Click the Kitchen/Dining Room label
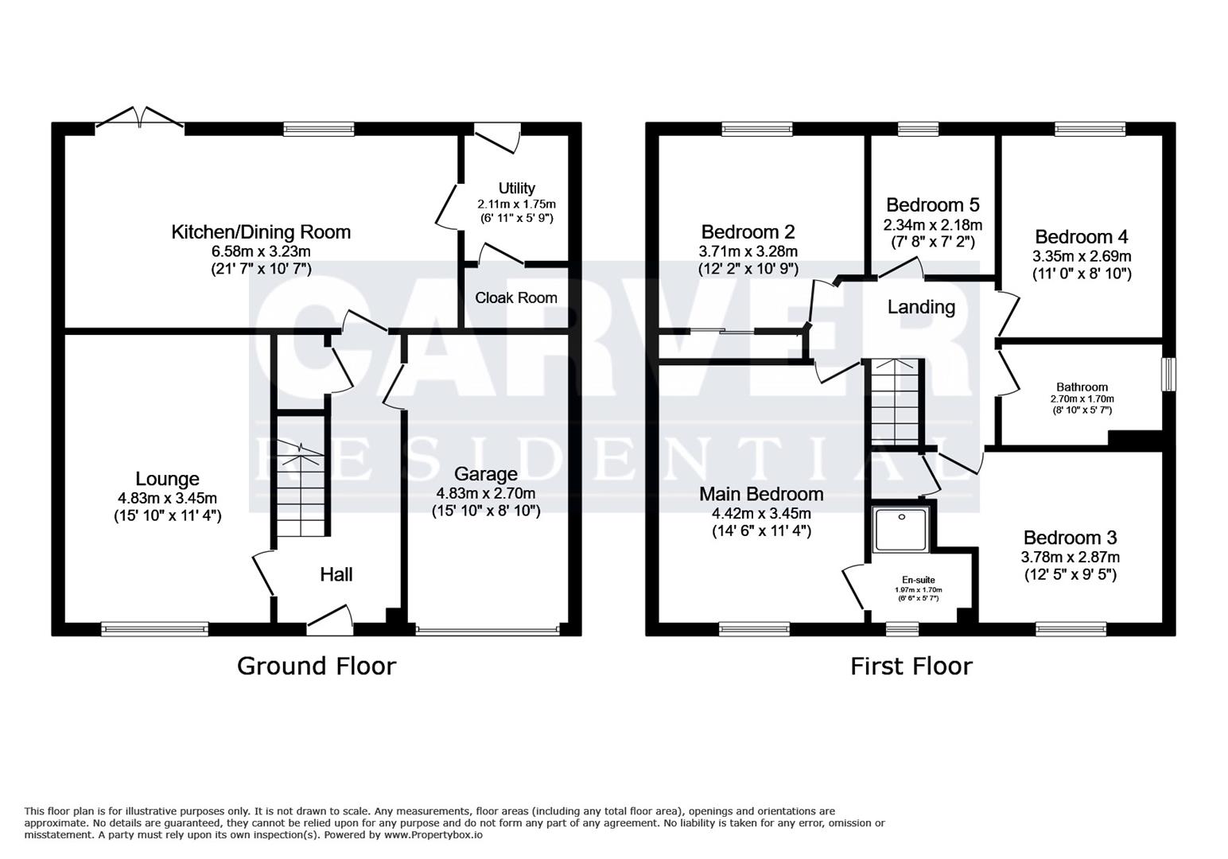click(x=261, y=232)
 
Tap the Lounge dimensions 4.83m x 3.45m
click(x=167, y=498)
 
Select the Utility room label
click(x=516, y=189)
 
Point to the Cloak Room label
click(x=516, y=297)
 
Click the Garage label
click(x=485, y=475)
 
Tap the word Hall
click(x=336, y=574)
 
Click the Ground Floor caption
click(x=316, y=666)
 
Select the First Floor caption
click(x=911, y=666)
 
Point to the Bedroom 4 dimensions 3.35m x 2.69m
click(x=1081, y=256)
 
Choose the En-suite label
click(x=918, y=580)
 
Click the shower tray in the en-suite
click(x=902, y=528)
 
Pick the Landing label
click(x=921, y=307)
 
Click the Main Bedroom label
click(x=761, y=494)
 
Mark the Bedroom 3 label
click(x=1070, y=537)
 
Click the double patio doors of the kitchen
click(x=140, y=119)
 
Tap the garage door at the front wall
click(x=487, y=630)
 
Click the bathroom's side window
click(x=1168, y=374)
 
